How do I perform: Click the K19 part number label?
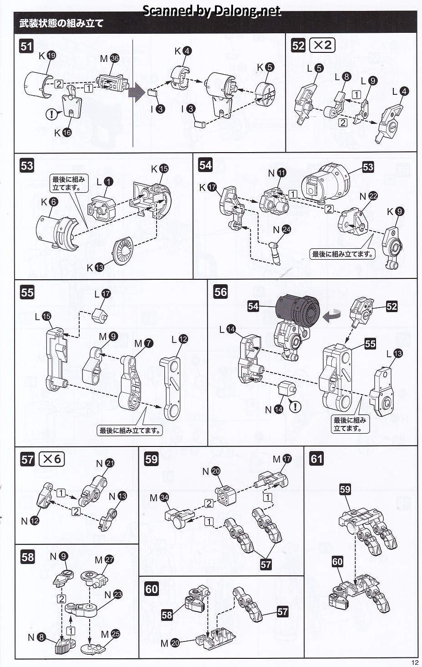tap(47, 56)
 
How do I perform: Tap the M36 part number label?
tap(110, 58)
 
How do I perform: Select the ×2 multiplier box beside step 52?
tap(322, 45)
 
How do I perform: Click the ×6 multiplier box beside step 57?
tap(51, 459)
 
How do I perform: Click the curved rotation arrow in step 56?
tap(331, 314)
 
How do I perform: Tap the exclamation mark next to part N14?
tap(295, 406)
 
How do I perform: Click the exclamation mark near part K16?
tap(52, 114)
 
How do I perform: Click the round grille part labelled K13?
tap(123, 251)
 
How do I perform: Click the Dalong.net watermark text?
tap(212, 11)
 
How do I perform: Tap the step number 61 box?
tap(316, 458)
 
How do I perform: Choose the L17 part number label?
tap(102, 294)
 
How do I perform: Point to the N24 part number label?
tap(281, 230)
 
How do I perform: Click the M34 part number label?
tap(159, 498)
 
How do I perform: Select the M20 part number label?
tap(170, 643)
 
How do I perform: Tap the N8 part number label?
tap(36, 637)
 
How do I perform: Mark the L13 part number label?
tap(394, 354)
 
